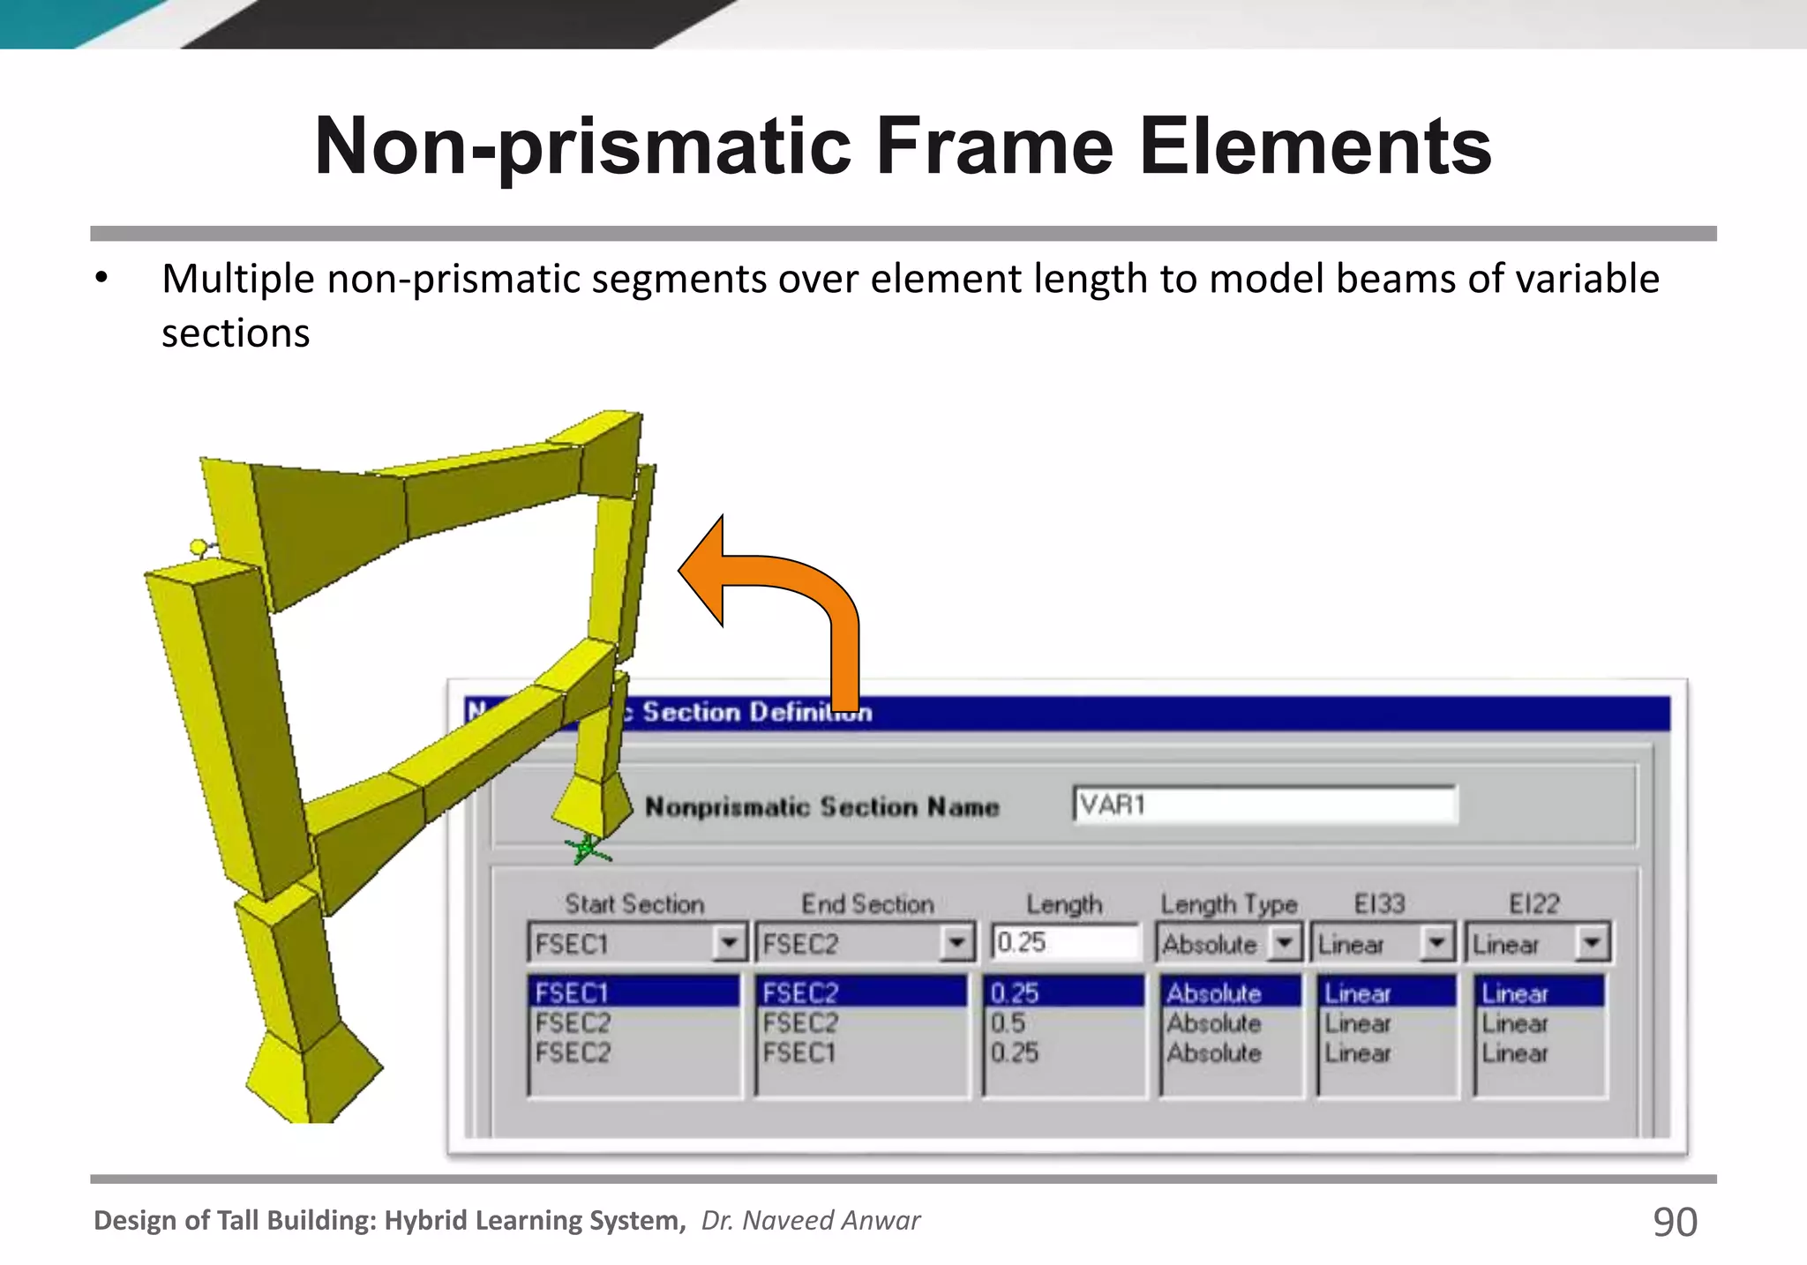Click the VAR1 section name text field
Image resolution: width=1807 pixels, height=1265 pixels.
pos(1263,805)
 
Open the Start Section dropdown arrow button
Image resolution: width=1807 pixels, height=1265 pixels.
pos(729,943)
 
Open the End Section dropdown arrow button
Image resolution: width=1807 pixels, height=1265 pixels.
pos(956,943)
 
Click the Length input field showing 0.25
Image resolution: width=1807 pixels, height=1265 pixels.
pos(1064,943)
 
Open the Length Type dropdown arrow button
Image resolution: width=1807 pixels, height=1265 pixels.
pos(1285,943)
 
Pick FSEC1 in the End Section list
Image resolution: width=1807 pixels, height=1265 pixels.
pos(799,1053)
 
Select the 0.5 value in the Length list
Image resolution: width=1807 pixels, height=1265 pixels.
pos(1008,1023)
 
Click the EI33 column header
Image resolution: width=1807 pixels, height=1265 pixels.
pos(1379,903)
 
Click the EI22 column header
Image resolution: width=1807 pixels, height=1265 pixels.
pos(1533,903)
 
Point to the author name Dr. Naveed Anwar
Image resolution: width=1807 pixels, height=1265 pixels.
pos(810,1220)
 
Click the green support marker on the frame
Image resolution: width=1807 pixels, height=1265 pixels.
pos(586,850)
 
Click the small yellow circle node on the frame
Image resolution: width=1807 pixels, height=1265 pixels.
pos(199,548)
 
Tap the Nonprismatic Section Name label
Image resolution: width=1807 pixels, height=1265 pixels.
pos(821,807)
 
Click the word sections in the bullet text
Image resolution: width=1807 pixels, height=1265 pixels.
pos(236,333)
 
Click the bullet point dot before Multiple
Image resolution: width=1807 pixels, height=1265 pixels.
pos(102,279)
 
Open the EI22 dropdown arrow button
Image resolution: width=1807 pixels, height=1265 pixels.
pos(1592,943)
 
